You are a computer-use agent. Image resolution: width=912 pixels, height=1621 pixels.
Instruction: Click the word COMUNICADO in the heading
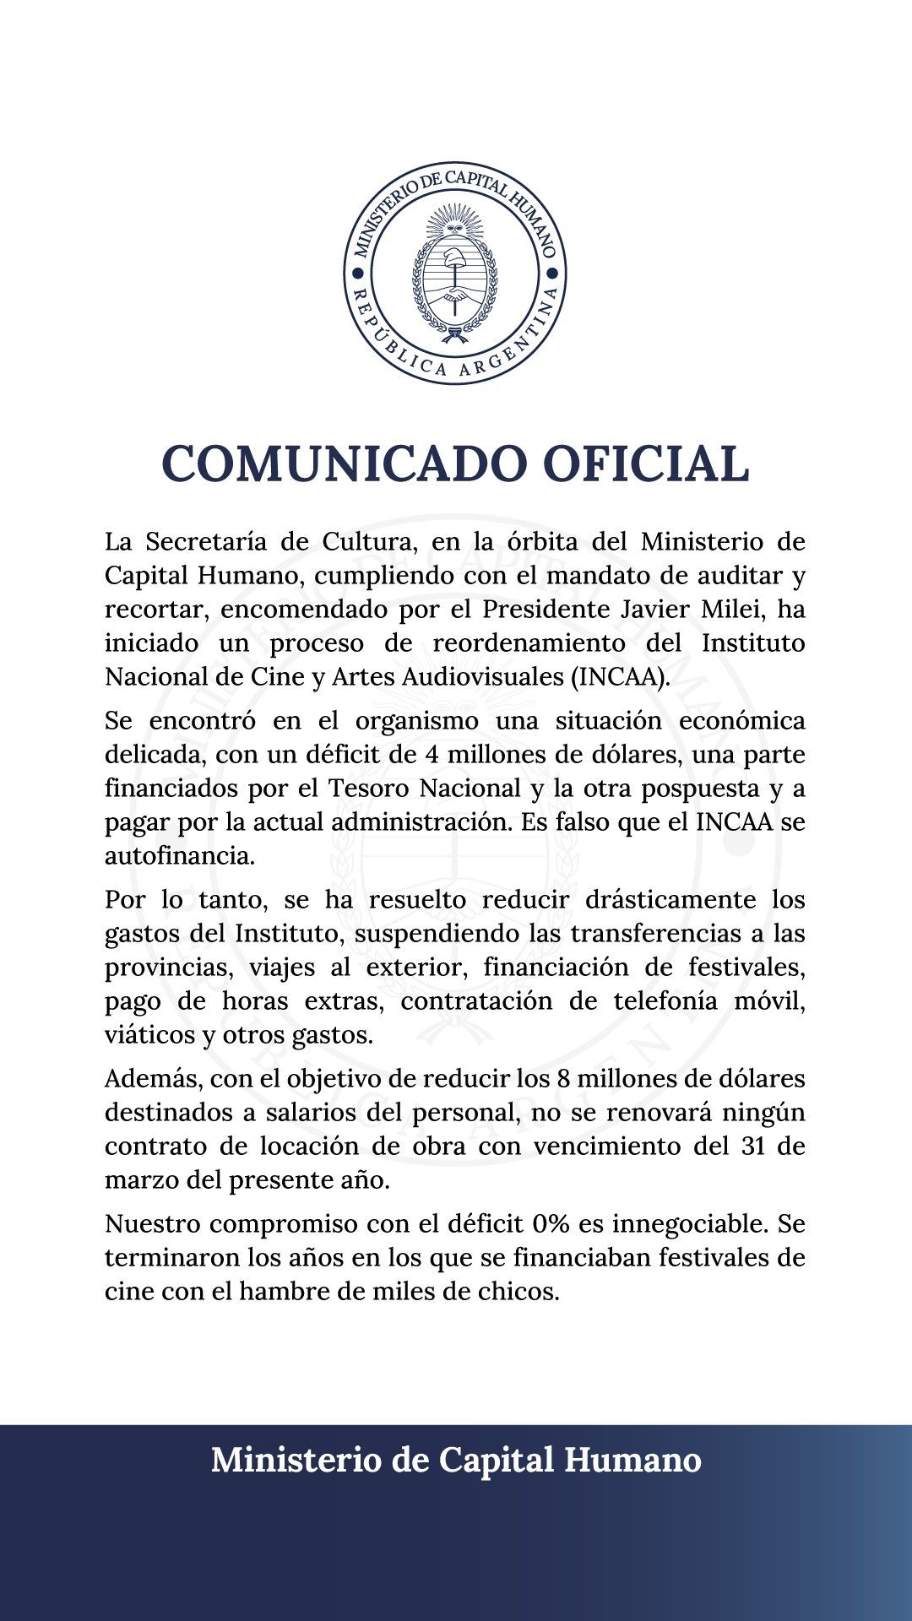[343, 464]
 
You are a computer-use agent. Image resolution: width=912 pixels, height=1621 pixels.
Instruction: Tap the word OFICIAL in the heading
[645, 464]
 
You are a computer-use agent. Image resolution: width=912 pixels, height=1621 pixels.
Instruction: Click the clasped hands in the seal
[455, 296]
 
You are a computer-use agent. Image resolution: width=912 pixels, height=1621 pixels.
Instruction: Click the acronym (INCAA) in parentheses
[621, 676]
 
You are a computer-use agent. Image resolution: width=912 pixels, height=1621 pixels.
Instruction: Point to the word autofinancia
[179, 855]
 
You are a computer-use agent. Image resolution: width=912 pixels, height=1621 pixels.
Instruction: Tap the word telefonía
[660, 1000]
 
